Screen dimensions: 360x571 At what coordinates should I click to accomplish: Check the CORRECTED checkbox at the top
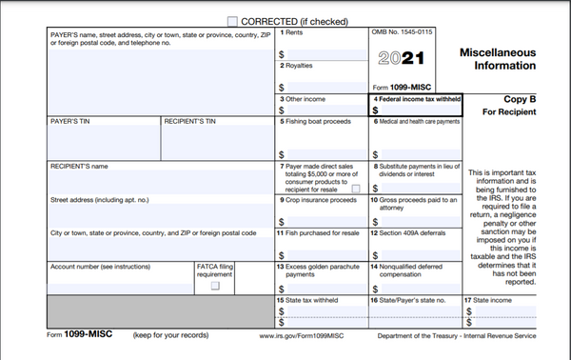pyautogui.click(x=233, y=20)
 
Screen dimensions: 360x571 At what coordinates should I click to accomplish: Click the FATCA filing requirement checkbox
pyautogui.click(x=215, y=285)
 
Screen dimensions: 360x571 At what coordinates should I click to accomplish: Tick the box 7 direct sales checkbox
pyautogui.click(x=355, y=189)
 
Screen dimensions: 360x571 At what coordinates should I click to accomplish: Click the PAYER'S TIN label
pyautogui.click(x=71, y=122)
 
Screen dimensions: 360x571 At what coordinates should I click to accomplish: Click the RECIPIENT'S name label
pyautogui.click(x=79, y=166)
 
